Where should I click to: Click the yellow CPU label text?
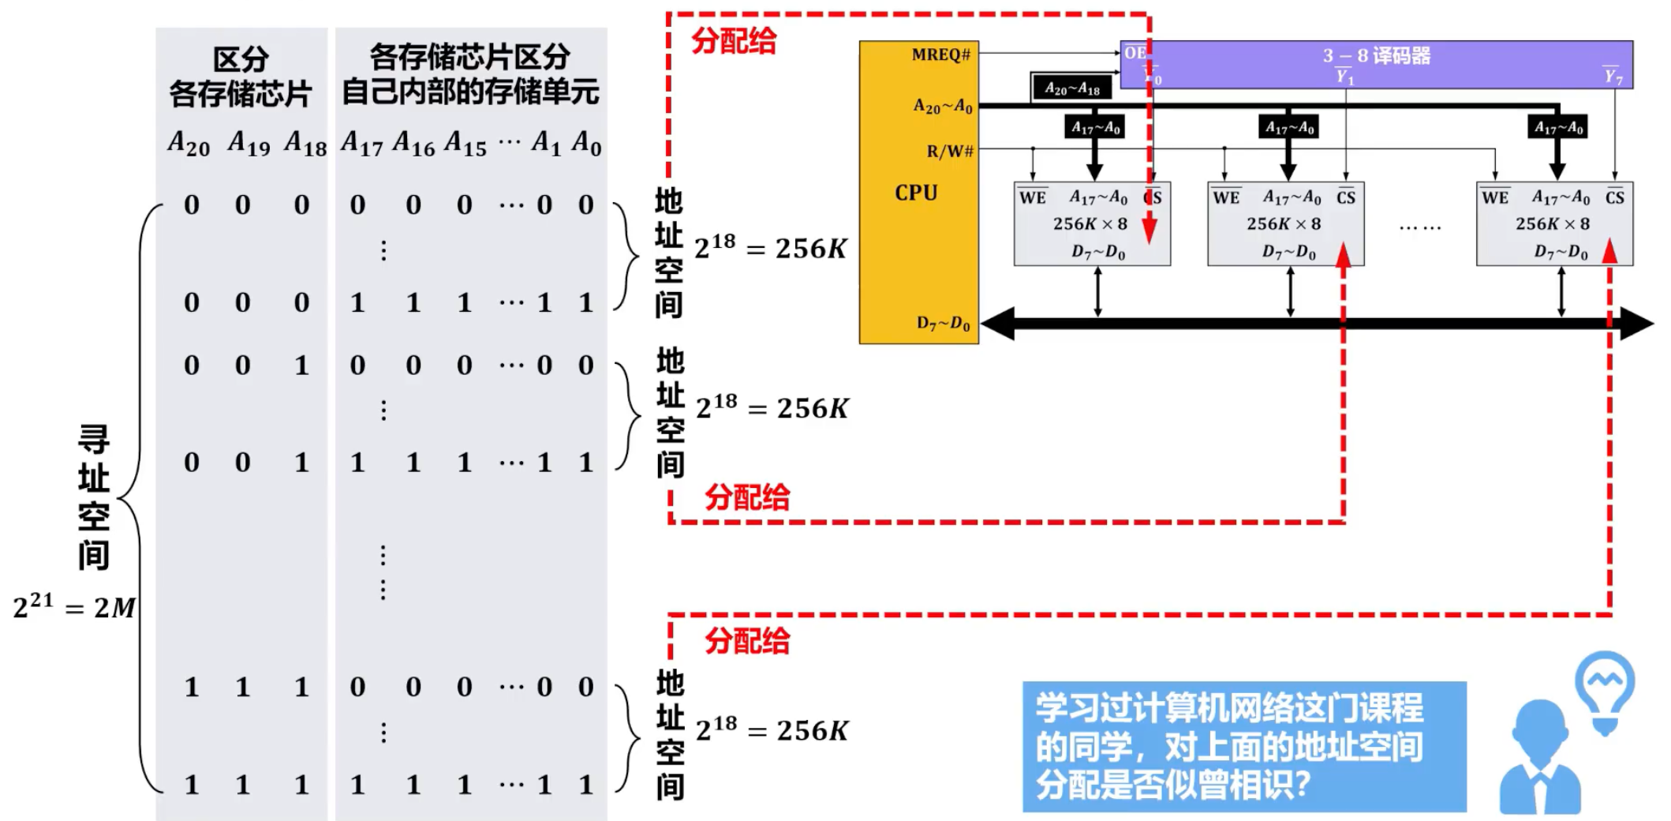916,193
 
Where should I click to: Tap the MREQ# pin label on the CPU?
940,54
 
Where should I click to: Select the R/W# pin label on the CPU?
950,151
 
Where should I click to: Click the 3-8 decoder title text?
1377,55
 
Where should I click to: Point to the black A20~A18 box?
1071,88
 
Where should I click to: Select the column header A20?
189,144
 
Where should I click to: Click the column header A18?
305,144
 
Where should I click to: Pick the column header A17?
361,144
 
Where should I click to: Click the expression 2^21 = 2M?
74,607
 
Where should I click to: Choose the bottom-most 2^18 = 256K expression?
772,731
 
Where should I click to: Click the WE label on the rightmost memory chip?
1495,197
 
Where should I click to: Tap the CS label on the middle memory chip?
1346,197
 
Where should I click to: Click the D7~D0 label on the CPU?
944,323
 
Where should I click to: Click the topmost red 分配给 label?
734,41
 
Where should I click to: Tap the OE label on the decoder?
1135,53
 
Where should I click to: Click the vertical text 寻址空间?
93,497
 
